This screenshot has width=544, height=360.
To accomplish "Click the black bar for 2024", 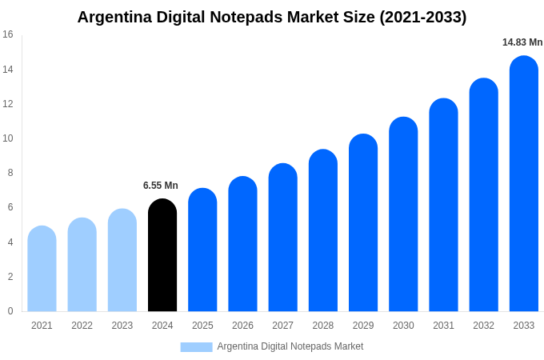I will [162, 256].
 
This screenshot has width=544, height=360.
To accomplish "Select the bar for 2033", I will [523, 184].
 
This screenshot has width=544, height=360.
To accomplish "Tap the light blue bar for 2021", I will [42, 270].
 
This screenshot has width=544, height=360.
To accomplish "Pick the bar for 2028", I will [323, 231].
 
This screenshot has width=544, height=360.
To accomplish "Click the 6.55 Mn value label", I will [161, 186].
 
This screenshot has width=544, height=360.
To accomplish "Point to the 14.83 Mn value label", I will [522, 42].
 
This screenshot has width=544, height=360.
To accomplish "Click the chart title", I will [272, 17].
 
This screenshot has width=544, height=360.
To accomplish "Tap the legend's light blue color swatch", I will [196, 347].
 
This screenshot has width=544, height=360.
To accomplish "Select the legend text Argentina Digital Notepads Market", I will [290, 346].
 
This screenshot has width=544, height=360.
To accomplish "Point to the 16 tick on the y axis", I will [8, 34].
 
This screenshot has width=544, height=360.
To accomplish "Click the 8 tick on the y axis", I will [10, 173].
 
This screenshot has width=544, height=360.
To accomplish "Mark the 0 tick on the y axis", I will [10, 311].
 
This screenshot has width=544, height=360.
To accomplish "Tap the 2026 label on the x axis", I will [242, 326].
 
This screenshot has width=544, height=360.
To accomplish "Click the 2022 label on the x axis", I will [82, 326].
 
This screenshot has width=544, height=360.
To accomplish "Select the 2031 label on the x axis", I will [443, 326].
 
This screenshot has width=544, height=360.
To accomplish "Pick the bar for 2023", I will [122, 261].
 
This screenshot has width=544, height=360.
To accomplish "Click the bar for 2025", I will [202, 250].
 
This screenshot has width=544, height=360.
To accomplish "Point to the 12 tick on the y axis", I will [8, 104].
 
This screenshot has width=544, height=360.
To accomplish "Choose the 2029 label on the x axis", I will [363, 326].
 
